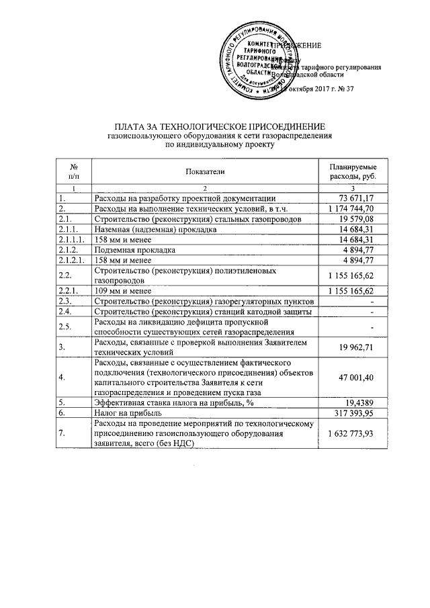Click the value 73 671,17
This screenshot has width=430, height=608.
354,198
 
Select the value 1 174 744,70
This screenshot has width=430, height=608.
348,208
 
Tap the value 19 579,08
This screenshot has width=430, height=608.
354,219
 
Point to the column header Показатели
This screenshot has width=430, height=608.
206,172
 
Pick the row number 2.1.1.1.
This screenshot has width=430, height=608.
71,240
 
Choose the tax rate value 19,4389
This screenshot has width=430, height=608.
359,404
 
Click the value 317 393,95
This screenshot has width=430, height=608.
352,415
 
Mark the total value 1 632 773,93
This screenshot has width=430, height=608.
348,435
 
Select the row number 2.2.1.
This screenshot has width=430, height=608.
68,291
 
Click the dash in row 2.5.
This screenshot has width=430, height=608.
371,327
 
